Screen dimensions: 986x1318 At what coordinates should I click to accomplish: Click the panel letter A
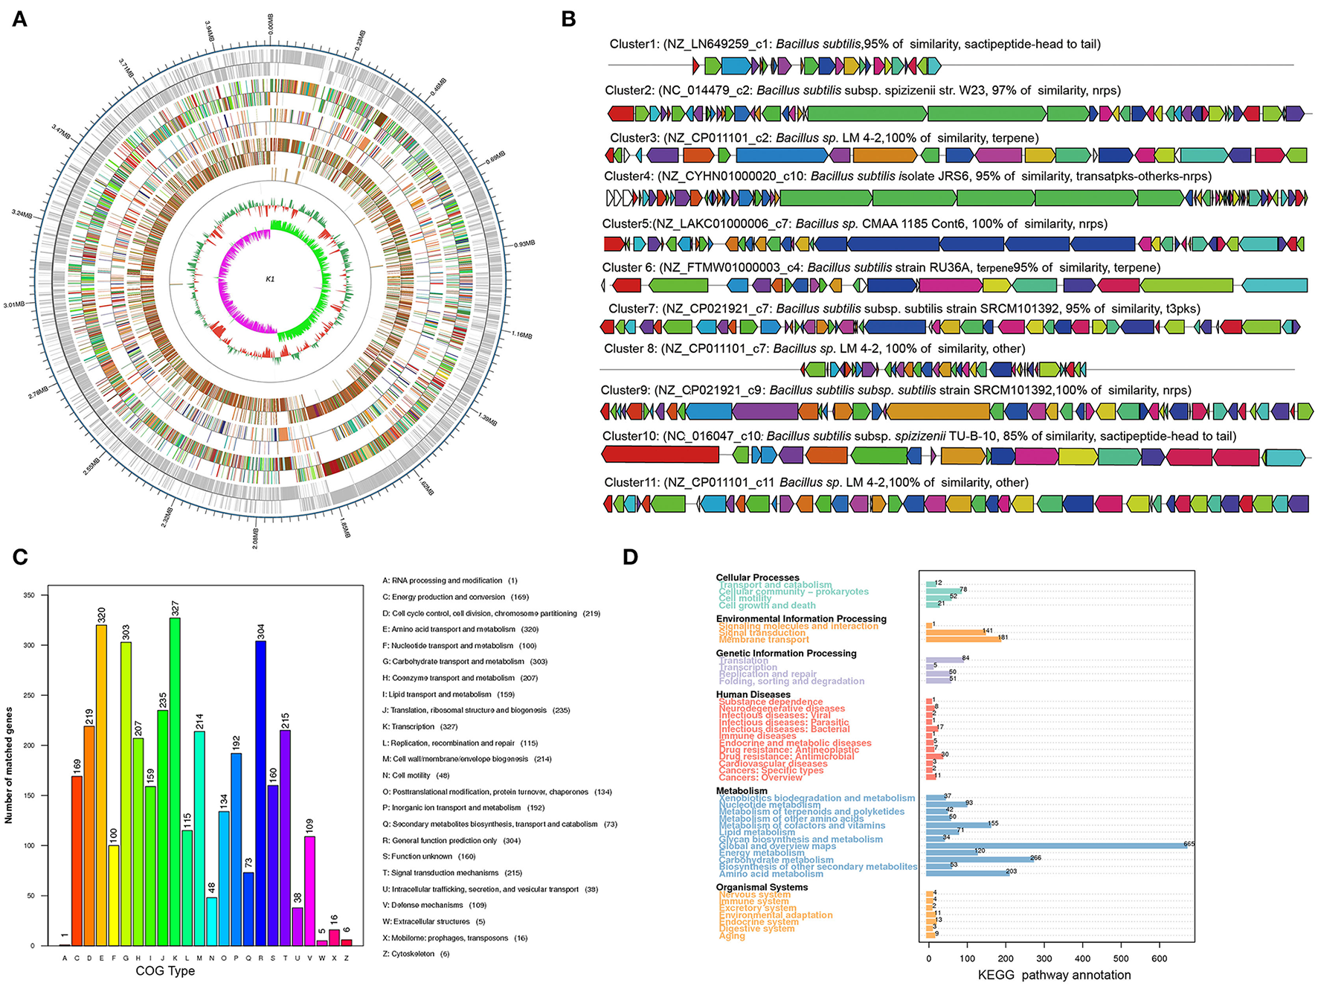(x=19, y=19)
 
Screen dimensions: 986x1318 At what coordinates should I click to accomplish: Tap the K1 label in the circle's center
(x=270, y=279)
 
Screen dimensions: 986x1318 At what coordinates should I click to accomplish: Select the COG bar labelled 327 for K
(x=175, y=781)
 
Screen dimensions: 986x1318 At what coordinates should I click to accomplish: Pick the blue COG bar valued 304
(x=260, y=793)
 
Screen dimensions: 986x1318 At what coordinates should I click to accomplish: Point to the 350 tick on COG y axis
(x=29, y=595)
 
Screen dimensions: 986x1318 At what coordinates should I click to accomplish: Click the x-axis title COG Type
(x=165, y=970)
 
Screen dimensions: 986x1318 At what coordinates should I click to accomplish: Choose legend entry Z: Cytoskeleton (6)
(x=416, y=954)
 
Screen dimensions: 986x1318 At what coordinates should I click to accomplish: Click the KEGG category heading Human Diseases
(x=753, y=694)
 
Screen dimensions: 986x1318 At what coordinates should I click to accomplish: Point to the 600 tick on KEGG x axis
(x=1159, y=958)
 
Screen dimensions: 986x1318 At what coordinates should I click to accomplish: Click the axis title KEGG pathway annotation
(x=1054, y=975)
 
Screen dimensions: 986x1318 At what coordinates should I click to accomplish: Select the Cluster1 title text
(x=855, y=44)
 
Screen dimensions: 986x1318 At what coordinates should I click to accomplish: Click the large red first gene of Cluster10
(x=660, y=455)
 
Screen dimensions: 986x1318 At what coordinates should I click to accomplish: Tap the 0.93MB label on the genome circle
(x=524, y=243)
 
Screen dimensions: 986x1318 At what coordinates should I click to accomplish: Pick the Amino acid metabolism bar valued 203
(x=967, y=873)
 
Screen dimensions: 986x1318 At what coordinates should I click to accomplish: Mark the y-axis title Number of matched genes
(x=9, y=765)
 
